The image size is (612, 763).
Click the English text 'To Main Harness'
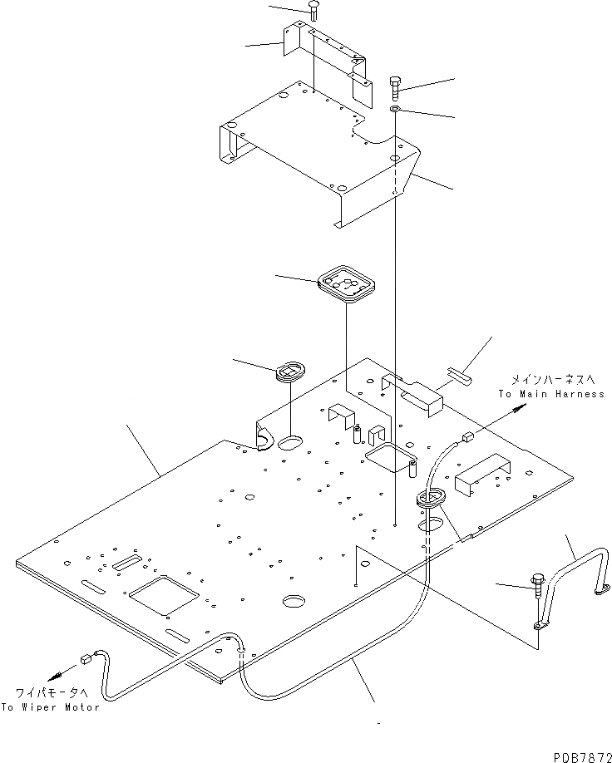coord(551,394)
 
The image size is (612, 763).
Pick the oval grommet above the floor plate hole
coord(290,369)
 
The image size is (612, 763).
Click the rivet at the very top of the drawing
coord(313,10)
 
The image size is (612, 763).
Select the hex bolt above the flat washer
coord(396,86)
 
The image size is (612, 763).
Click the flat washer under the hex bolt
coord(397,111)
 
